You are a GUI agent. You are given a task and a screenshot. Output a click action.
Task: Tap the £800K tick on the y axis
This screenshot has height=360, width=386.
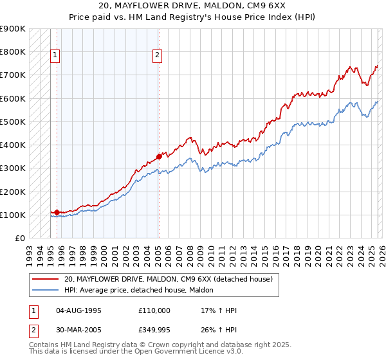pos(13,51)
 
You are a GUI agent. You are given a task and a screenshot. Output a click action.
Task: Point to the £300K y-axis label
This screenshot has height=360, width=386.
pos(13,168)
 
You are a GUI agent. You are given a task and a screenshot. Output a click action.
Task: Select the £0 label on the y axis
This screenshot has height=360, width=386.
pos(19,239)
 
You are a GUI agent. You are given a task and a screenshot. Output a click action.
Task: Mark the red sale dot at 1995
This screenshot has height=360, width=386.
pos(57,212)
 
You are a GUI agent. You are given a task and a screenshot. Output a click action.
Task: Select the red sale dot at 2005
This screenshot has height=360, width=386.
pos(159,156)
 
